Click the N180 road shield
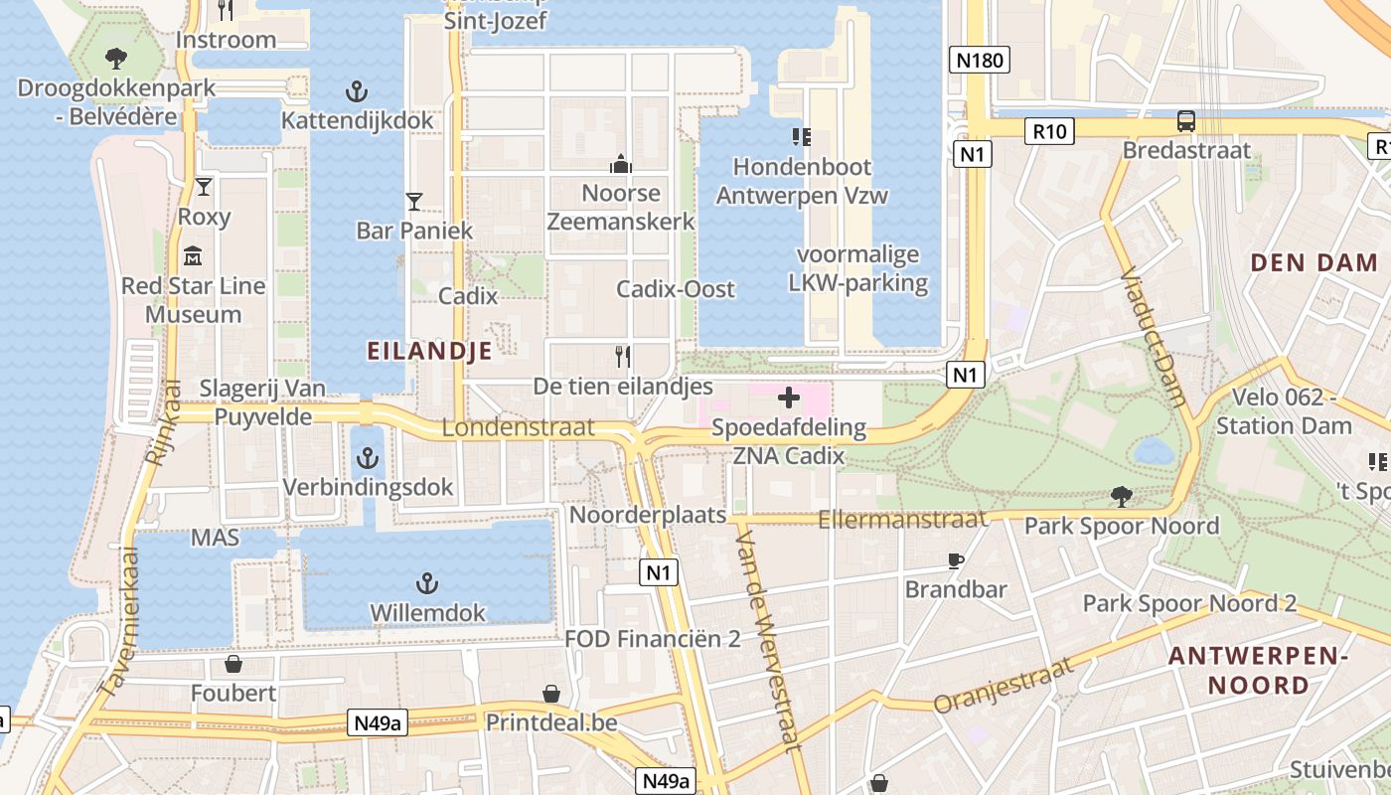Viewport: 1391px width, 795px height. pos(980,61)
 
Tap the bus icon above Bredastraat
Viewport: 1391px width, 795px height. pos(1186,121)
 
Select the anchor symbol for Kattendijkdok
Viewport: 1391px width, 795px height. pos(357,92)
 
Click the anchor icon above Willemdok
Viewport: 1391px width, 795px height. pos(428,583)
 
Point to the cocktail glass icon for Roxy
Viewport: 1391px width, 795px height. pos(204,187)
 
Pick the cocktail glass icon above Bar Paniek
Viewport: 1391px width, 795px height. pos(414,202)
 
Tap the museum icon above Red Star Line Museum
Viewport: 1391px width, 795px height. pos(193,256)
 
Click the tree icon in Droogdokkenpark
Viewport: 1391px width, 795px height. pos(116,58)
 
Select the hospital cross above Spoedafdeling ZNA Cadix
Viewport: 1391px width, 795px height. pos(789,398)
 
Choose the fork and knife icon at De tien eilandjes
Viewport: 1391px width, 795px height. pos(623,356)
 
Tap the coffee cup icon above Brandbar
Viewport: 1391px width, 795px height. pos(956,560)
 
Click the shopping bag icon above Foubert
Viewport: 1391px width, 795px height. pos(233,663)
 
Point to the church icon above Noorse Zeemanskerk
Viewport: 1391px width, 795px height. pos(621,163)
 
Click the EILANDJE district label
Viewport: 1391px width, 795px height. pos(429,351)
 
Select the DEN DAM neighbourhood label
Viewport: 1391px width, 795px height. pos(1314,263)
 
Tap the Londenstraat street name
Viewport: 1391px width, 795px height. pos(518,428)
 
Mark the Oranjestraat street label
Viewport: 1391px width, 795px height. pos(1005,686)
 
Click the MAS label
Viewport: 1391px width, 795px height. pos(216,538)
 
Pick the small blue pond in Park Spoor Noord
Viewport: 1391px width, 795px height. pos(1154,452)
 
